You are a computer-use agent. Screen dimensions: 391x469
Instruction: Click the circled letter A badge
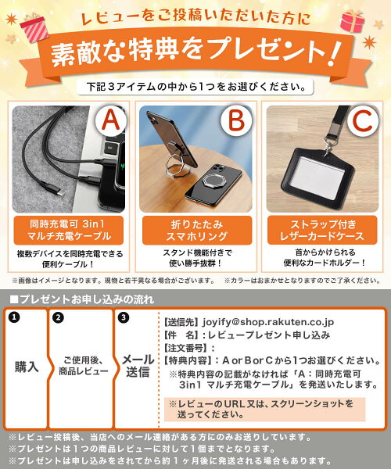click(111, 120)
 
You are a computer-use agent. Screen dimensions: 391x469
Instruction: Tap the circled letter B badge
click(236, 120)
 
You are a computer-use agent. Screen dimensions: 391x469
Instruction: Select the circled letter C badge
click(362, 120)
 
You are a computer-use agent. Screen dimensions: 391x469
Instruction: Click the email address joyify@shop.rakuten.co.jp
click(268, 322)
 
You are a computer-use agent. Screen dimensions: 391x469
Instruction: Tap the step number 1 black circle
click(14, 317)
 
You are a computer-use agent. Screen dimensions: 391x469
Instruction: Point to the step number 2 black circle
click(58, 317)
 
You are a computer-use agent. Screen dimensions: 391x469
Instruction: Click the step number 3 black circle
click(124, 317)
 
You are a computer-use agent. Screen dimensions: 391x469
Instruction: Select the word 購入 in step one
click(27, 367)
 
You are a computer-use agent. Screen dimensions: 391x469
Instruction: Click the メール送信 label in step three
click(138, 366)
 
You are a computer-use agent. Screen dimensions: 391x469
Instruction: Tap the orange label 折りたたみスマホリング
click(197, 230)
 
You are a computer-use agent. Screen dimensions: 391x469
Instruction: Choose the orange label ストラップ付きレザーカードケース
click(322, 230)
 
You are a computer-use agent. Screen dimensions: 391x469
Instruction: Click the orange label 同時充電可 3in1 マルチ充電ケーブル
click(69, 230)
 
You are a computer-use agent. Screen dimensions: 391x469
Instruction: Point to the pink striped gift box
click(34, 28)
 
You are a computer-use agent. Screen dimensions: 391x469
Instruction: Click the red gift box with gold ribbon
click(353, 22)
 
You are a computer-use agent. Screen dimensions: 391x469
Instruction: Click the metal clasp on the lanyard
click(329, 145)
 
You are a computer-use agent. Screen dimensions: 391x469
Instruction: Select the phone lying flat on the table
click(213, 184)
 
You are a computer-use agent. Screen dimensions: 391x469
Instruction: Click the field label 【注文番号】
click(185, 348)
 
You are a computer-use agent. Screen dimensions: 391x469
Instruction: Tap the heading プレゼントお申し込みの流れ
click(81, 299)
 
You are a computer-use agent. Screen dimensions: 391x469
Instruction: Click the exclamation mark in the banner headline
click(335, 53)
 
